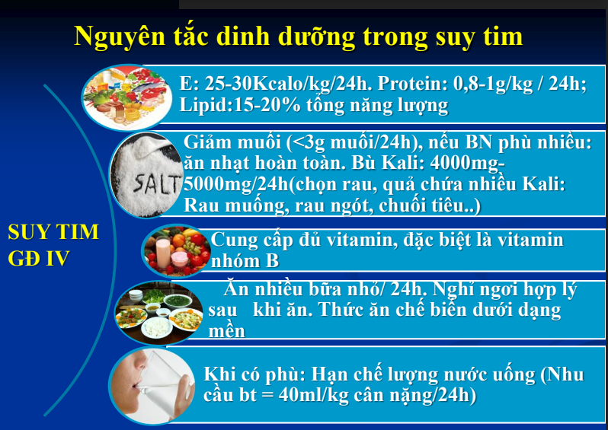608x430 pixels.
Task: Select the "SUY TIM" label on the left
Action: coord(53,232)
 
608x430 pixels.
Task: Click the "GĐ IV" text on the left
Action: coord(38,258)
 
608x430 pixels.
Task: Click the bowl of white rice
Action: coord(157,327)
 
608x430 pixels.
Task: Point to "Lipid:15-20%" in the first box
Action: coord(240,104)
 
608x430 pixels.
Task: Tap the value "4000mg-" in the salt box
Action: coord(467,163)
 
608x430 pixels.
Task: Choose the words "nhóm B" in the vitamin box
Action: coord(245,261)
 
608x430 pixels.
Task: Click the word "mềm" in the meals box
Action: coord(227,331)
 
